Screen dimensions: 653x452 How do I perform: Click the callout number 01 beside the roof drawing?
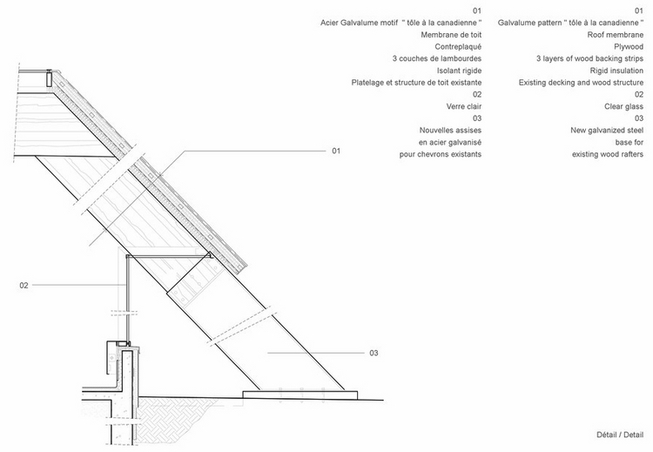pyautogui.click(x=336, y=151)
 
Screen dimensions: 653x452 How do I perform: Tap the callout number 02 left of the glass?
pyautogui.click(x=24, y=286)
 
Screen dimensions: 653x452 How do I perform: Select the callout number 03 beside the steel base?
pyautogui.click(x=374, y=354)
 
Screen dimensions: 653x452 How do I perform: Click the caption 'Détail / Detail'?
pyautogui.click(x=620, y=435)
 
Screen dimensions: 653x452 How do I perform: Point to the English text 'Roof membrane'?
pyautogui.click(x=615, y=35)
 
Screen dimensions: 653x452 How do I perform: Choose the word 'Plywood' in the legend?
pyautogui.click(x=629, y=47)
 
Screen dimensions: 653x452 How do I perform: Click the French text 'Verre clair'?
pyautogui.click(x=464, y=106)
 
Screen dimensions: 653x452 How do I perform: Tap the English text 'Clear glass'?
pyautogui.click(x=624, y=106)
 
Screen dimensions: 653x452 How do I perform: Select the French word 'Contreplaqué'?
pyautogui.click(x=458, y=47)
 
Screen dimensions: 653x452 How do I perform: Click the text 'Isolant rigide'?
pyautogui.click(x=460, y=71)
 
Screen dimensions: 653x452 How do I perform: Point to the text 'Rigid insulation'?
pyautogui.click(x=616, y=71)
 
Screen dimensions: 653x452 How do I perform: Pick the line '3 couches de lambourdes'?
pyautogui.click(x=437, y=58)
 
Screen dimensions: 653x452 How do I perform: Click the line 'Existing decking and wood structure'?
pyautogui.click(x=581, y=83)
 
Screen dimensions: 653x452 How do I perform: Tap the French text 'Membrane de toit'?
pyautogui.click(x=451, y=35)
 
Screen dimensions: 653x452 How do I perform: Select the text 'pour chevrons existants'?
pyautogui.click(x=441, y=154)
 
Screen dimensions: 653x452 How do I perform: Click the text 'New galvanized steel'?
pyautogui.click(x=607, y=131)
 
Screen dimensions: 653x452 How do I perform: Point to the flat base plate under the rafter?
pyautogui.click(x=300, y=395)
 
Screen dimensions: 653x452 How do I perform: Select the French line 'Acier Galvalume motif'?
pyautogui.click(x=359, y=23)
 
